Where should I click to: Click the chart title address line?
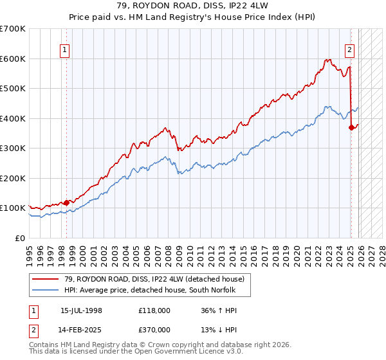pos(192,6)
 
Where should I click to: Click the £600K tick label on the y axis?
pos(13,59)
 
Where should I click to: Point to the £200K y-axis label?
pos(13,178)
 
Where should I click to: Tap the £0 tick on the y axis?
pos(21,238)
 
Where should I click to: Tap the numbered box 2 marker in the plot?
pos(349,49)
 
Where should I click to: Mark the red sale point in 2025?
pos(351,127)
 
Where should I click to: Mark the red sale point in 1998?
pos(66,203)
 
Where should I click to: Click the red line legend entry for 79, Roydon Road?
pos(154,280)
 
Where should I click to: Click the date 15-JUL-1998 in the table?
pos(81,310)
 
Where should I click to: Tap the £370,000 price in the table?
pos(154,329)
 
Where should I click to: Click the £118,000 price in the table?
pos(154,310)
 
